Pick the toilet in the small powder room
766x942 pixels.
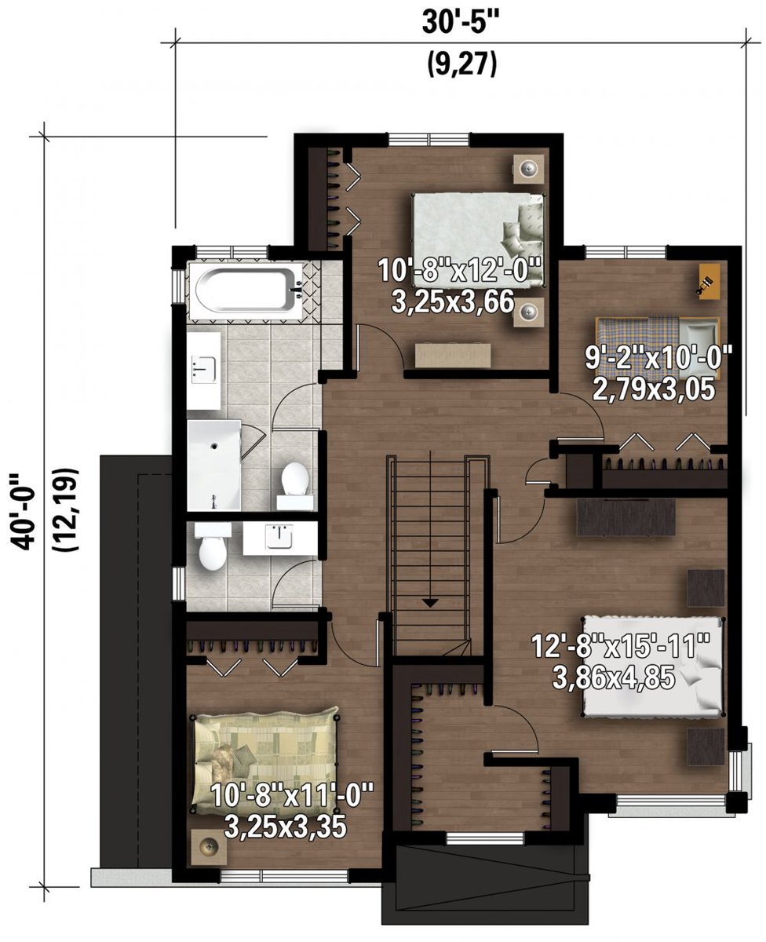pyautogui.click(x=213, y=550)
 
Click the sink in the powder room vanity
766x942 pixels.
pyautogui.click(x=279, y=538)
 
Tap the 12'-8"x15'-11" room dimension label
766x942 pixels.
pyautogui.click(x=620, y=663)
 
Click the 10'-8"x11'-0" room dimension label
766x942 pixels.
pyautogui.click(x=292, y=812)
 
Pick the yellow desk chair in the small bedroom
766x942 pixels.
pyautogui.click(x=708, y=281)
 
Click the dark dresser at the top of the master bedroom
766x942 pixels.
pyautogui.click(x=626, y=517)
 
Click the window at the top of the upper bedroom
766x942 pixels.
pyautogui.click(x=429, y=140)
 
